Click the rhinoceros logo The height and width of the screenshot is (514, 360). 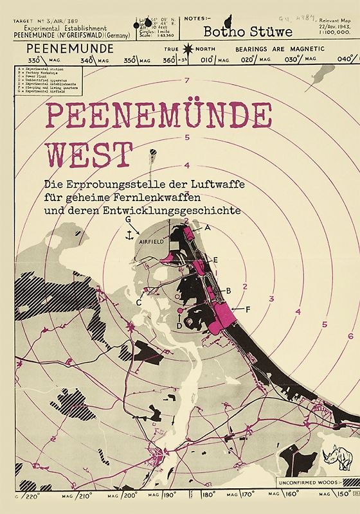click(x=337, y=456)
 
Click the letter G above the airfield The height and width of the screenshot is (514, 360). click(x=129, y=220)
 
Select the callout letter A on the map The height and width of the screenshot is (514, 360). click(x=207, y=228)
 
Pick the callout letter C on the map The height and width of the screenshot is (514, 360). click(x=139, y=301)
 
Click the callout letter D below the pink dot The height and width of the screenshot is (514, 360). click(x=179, y=326)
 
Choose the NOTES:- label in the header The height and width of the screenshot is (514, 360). click(x=196, y=20)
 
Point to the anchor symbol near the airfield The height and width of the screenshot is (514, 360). click(x=129, y=238)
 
